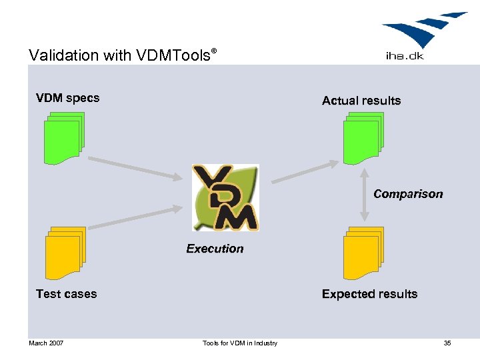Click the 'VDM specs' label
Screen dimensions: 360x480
click(67, 98)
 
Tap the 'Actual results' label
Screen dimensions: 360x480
click(361, 101)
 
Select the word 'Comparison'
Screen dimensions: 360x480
click(408, 194)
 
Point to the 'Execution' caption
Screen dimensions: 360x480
click(215, 249)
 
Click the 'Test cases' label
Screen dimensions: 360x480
click(66, 294)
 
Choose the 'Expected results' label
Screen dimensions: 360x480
click(369, 294)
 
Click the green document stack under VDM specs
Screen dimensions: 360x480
click(63, 138)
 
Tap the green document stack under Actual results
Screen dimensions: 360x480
click(363, 138)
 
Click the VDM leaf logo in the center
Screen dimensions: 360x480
click(225, 198)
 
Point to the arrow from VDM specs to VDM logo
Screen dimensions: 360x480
click(135, 168)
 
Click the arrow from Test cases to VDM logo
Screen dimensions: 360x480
click(135, 218)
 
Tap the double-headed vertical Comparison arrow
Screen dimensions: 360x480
click(364, 194)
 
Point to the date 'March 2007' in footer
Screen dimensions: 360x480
click(46, 343)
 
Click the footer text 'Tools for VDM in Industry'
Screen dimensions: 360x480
click(240, 343)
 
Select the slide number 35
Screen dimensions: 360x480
click(447, 343)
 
